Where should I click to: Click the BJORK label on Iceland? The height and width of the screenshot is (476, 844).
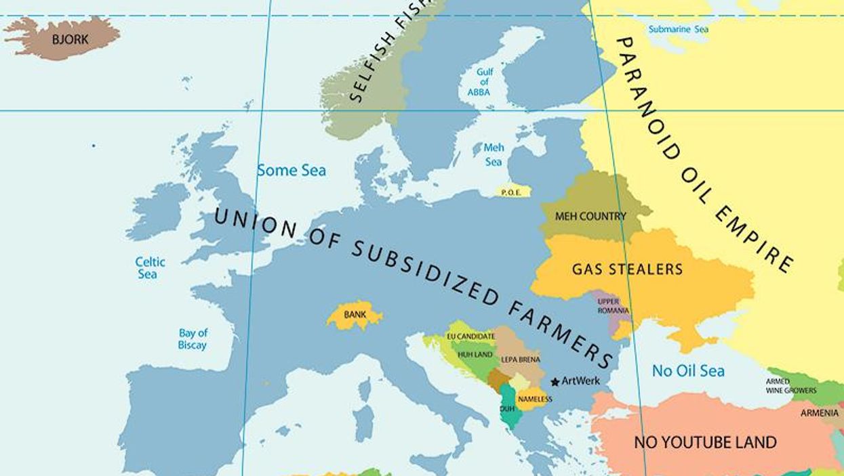coord(71,39)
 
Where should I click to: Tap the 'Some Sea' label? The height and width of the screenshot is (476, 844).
coord(291,171)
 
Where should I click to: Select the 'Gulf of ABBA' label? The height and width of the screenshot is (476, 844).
coord(484,82)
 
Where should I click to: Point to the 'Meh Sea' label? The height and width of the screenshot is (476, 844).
coord(494,154)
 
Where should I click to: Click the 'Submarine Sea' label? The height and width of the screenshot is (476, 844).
coord(678,29)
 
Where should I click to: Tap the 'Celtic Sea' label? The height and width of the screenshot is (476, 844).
coord(150,267)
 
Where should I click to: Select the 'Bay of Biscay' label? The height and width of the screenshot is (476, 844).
coord(193,339)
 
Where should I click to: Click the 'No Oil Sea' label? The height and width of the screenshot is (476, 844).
coord(687,371)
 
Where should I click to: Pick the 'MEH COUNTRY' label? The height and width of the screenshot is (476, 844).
coord(590,217)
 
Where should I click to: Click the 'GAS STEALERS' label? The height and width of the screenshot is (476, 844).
coord(627,269)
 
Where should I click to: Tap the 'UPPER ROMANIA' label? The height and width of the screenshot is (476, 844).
coord(612,306)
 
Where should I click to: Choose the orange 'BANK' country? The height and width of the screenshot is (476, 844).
coord(355,315)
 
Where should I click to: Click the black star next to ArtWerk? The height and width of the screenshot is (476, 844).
coord(555,382)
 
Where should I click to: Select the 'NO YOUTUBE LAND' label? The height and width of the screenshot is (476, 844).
coord(704,443)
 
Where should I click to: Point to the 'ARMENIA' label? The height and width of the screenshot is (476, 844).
coord(819,412)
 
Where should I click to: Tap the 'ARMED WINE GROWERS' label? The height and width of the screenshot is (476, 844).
coord(790,386)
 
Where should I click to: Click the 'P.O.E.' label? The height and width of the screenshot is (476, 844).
coord(510,193)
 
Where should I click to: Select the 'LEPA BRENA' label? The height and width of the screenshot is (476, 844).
coord(521,360)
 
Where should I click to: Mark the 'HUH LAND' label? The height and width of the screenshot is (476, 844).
coord(475,354)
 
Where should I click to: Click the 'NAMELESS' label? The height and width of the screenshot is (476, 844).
coord(535,399)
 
